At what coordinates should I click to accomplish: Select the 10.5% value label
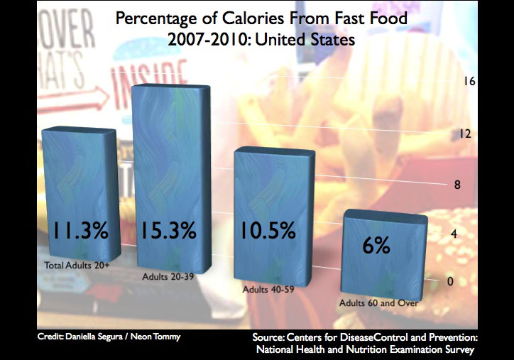tap(270, 231)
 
